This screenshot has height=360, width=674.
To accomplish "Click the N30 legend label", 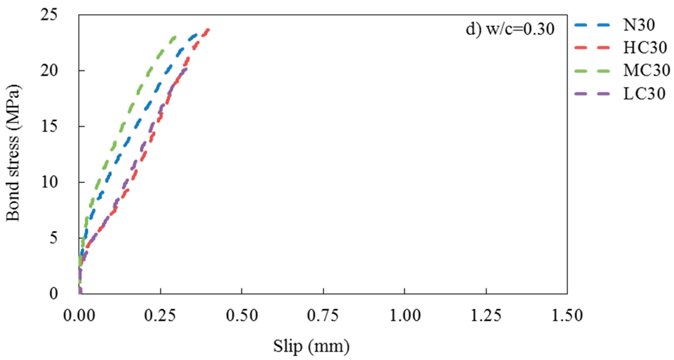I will (639, 25).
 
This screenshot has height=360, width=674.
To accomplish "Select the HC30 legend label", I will (645, 47).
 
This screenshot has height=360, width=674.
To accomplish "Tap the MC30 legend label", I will (646, 70).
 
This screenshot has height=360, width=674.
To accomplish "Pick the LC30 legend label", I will (644, 94).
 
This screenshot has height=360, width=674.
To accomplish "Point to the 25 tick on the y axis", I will (49, 15).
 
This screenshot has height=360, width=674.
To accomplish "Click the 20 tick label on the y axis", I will (49, 71).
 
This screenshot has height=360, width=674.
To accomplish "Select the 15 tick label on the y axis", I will (49, 127).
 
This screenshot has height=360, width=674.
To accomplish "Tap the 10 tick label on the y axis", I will (49, 182).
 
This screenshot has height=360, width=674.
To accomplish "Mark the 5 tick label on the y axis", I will (54, 238).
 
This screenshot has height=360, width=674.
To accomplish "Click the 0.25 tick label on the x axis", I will (160, 315).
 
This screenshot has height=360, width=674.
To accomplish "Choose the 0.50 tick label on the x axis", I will (242, 315).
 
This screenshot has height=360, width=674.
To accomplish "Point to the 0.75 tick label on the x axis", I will (323, 315).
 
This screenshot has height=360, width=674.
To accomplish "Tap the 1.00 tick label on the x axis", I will (405, 315).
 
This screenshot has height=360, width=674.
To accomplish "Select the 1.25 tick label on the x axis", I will (486, 315).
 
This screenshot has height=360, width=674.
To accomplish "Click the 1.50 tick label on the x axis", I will (567, 315).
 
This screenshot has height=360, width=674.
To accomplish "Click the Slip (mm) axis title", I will (311, 346).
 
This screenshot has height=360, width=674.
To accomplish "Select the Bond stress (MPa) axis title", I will (13, 153).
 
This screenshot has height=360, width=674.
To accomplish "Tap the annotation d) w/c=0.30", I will (510, 29).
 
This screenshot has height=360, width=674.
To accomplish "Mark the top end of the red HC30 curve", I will (209, 29).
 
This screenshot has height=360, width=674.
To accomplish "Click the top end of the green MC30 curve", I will (175, 37).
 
